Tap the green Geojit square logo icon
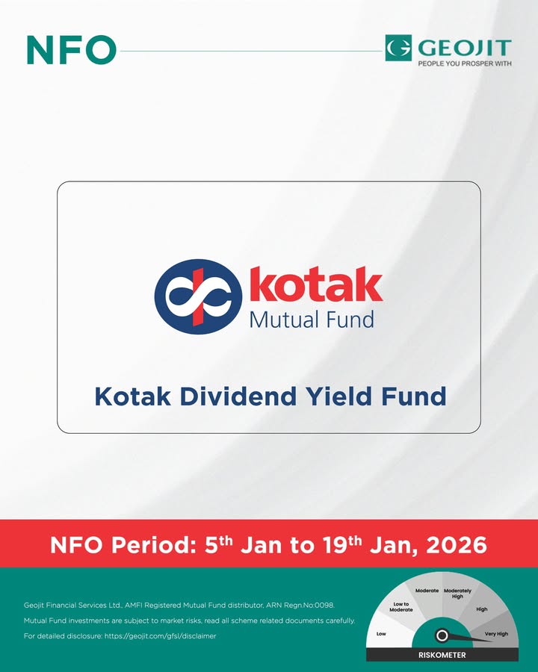click(x=399, y=48)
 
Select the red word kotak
click(x=315, y=286)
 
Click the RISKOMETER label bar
click(x=442, y=655)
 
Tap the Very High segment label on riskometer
click(x=496, y=633)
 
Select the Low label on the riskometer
click(x=381, y=634)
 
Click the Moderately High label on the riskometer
click(x=457, y=594)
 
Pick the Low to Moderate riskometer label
click(x=401, y=607)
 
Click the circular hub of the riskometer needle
click(x=442, y=635)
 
